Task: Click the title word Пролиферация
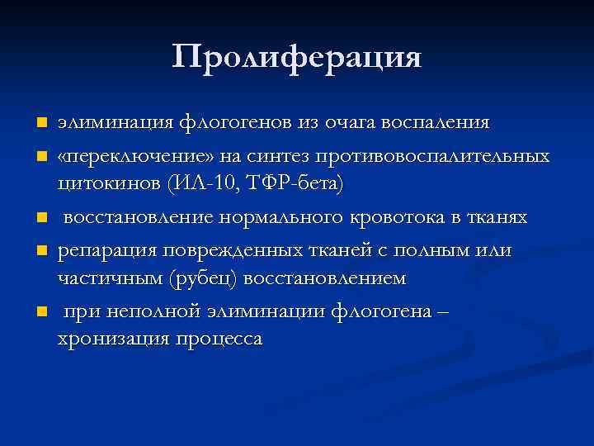(x=297, y=56)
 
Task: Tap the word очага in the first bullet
(x=346, y=123)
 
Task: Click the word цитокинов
(x=108, y=183)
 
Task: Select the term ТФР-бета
(x=293, y=183)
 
